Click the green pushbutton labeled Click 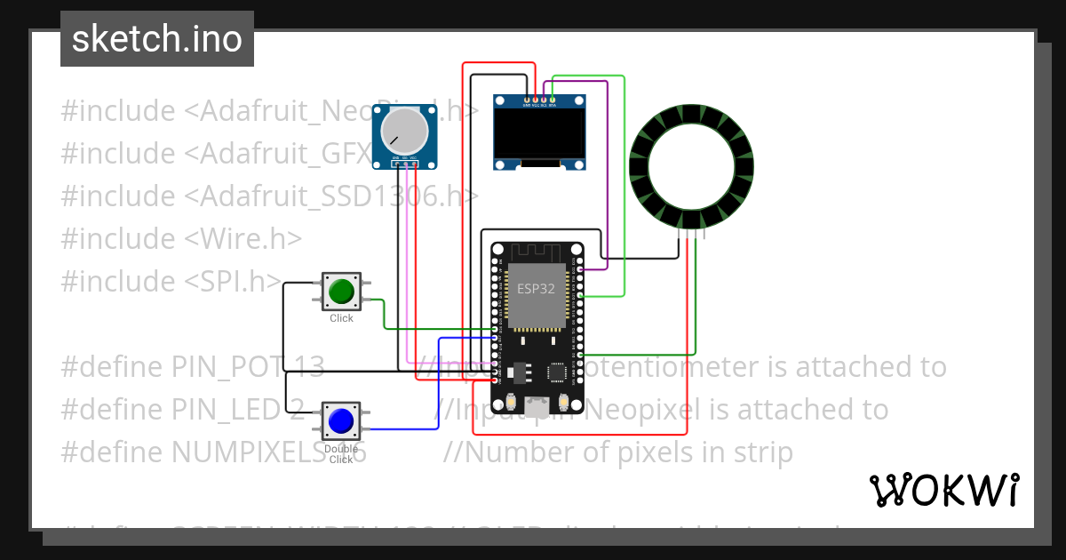pyautogui.click(x=341, y=291)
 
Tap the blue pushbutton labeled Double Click pyautogui.click(x=341, y=420)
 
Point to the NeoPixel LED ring pyautogui.click(x=691, y=166)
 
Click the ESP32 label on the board pyautogui.click(x=536, y=289)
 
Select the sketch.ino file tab pyautogui.click(x=157, y=39)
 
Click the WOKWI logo pyautogui.click(x=943, y=490)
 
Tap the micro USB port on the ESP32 pyautogui.click(x=537, y=406)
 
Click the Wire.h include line pyautogui.click(x=181, y=238)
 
